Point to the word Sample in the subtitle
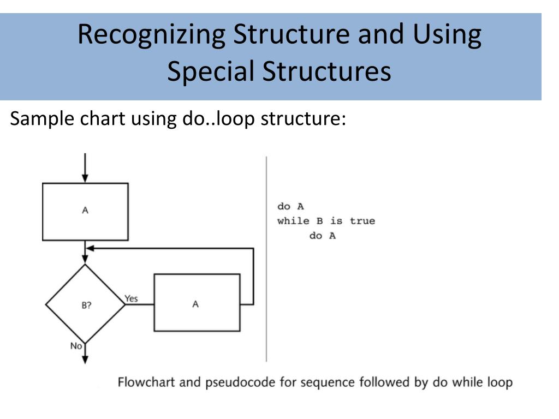click(x=40, y=118)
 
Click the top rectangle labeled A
click(x=85, y=212)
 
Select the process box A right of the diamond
click(x=197, y=303)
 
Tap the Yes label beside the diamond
click(x=132, y=298)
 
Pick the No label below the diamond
click(x=76, y=345)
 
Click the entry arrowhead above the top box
click(x=85, y=178)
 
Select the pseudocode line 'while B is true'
click(x=326, y=222)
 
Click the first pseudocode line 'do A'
click(x=290, y=207)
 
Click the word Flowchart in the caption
click(x=145, y=382)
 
